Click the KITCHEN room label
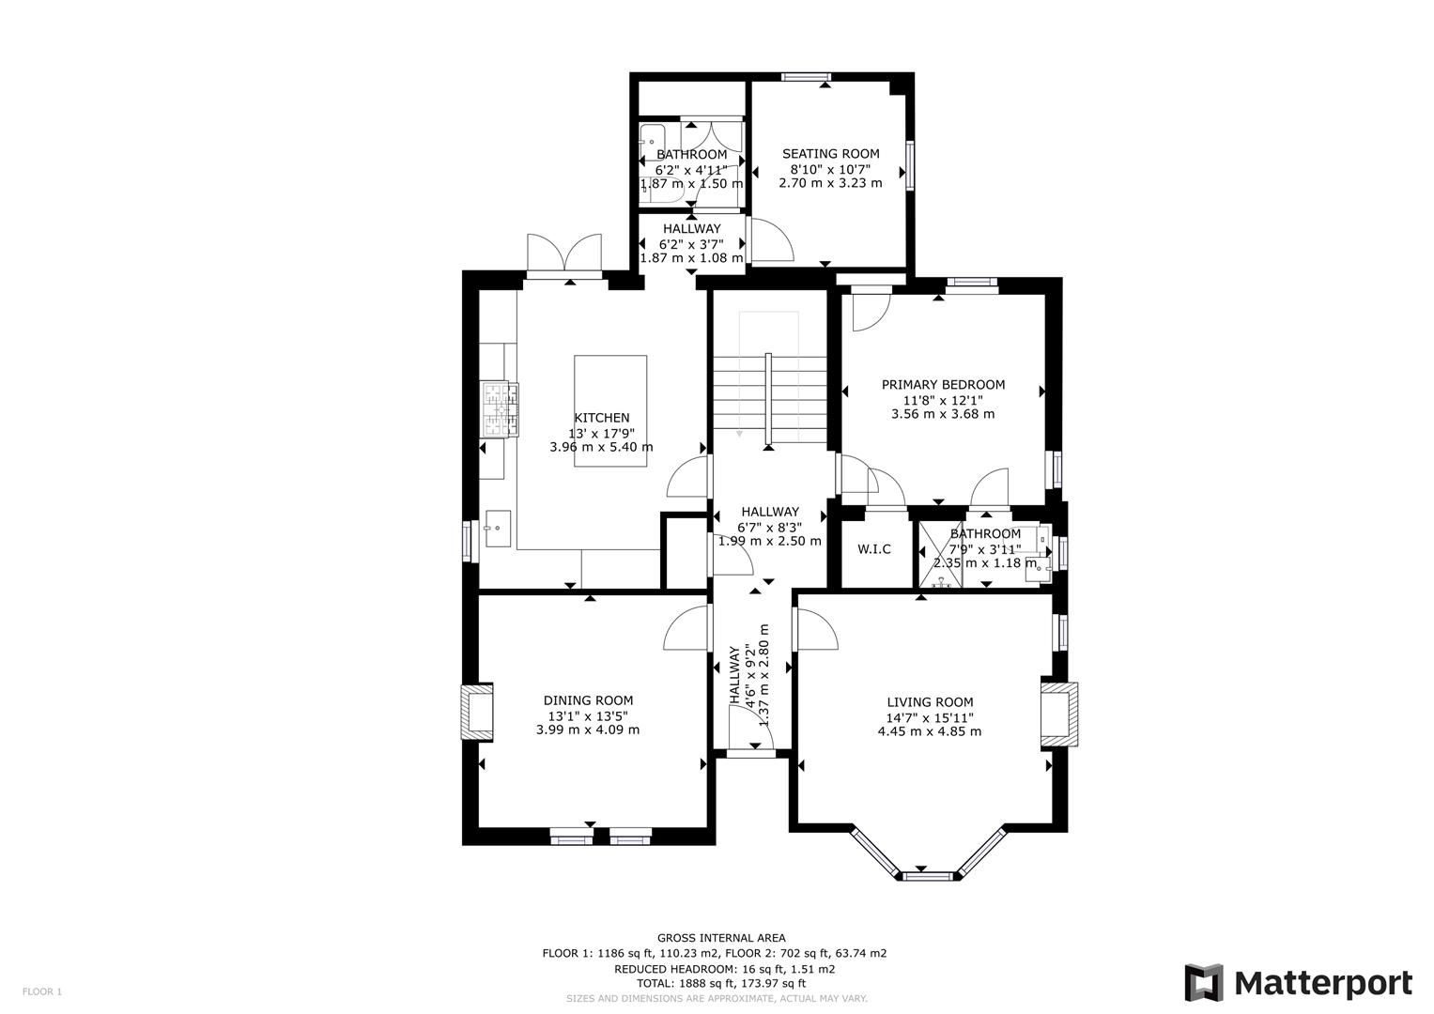(x=601, y=418)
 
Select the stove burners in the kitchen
(x=500, y=409)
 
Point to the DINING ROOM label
(x=588, y=700)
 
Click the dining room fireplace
(x=477, y=711)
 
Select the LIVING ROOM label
(x=930, y=702)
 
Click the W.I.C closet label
(x=873, y=549)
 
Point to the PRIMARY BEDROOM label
(x=943, y=385)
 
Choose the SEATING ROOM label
(x=830, y=154)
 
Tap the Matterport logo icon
(x=1203, y=983)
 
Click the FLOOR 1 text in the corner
(x=42, y=991)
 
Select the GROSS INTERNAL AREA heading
(x=721, y=938)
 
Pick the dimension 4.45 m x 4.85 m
(x=929, y=731)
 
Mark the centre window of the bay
(x=926, y=876)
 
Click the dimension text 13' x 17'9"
(x=601, y=433)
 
